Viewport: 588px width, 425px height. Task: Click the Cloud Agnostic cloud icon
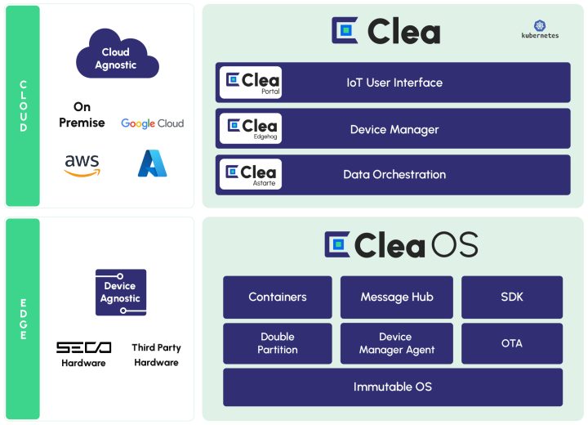tap(115, 56)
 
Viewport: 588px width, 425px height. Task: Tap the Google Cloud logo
tap(153, 123)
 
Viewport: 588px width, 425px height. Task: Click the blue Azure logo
tap(152, 163)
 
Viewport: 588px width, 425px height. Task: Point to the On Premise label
tap(82, 114)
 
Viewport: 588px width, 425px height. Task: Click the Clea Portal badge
tap(251, 83)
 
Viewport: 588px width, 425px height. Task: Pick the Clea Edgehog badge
tap(251, 129)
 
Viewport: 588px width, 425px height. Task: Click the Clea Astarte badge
tap(251, 174)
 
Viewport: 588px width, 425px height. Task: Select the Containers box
tap(278, 297)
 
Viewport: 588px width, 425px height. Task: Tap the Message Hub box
tap(397, 297)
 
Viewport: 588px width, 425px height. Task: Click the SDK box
tap(512, 297)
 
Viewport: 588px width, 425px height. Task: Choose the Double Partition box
tap(278, 343)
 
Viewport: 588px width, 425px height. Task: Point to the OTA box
tap(512, 343)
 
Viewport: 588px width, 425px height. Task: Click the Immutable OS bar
tap(393, 387)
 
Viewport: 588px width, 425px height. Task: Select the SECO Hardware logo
tap(83, 354)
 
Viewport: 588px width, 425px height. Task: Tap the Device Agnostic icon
tap(121, 293)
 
